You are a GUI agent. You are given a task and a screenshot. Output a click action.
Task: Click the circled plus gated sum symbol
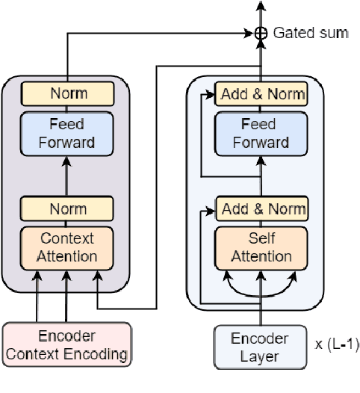[x=261, y=33]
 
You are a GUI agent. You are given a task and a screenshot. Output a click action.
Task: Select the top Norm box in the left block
[x=68, y=93]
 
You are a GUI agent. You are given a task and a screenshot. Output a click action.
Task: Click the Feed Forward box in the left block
[x=68, y=133]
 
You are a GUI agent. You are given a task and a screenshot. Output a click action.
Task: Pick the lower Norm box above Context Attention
[x=68, y=208]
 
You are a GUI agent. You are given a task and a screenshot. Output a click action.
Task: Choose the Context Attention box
[x=68, y=247]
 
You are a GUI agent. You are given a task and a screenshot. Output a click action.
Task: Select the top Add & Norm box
[x=261, y=93]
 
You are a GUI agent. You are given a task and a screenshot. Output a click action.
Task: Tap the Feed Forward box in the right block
[x=261, y=133]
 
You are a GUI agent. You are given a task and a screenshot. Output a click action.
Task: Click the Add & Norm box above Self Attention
[x=261, y=208]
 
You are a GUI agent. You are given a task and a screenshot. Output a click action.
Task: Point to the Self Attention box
[x=261, y=247]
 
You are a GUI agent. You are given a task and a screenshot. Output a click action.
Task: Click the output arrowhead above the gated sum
[x=261, y=6]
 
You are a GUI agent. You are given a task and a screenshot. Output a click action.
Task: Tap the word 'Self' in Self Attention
[x=261, y=239]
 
